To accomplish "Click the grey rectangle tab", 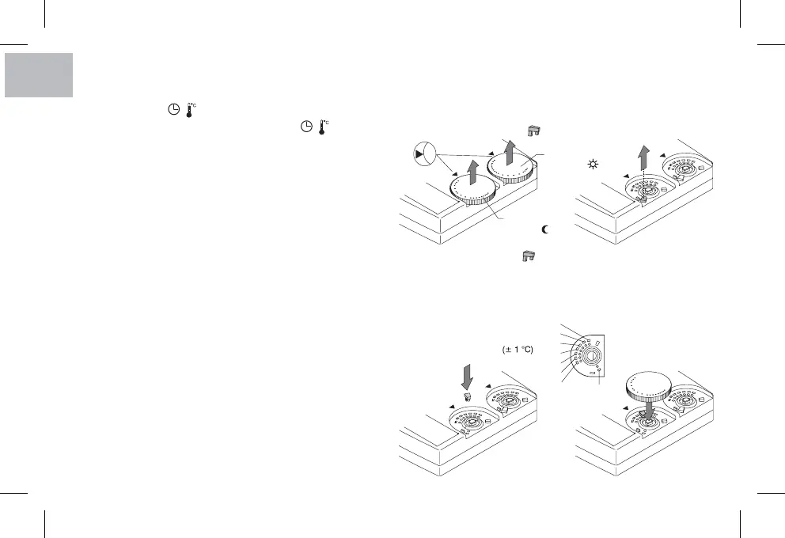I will click(37, 75).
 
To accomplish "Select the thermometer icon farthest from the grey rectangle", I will click(323, 127).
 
